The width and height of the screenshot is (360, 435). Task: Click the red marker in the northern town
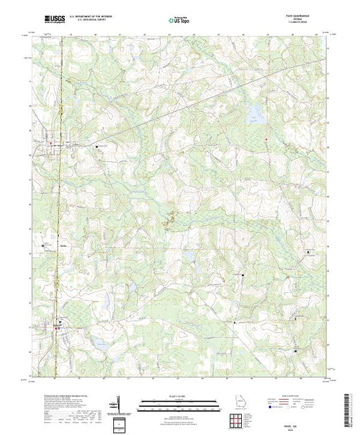click(x=60, y=145)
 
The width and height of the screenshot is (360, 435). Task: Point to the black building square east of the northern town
click(x=106, y=146)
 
